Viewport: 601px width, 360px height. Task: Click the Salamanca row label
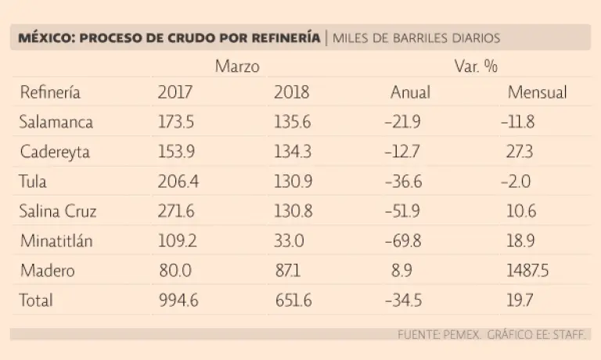tap(56, 122)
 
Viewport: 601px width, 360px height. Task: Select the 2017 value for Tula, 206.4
tap(178, 182)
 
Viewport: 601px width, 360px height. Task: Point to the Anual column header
tap(410, 92)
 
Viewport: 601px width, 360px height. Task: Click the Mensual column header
tap(537, 92)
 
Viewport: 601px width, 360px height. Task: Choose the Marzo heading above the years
tap(237, 67)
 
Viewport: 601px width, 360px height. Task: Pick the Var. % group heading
tap(476, 67)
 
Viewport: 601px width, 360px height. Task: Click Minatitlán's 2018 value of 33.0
tap(288, 241)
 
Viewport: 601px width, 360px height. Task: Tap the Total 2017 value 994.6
tap(178, 301)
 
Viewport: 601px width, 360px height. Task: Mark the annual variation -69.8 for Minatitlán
tap(405, 241)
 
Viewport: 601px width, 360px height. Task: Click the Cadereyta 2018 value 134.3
tap(292, 152)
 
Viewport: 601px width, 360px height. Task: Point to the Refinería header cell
tap(50, 92)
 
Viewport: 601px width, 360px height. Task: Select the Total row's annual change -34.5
tap(405, 301)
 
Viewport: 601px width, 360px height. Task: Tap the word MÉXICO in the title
tap(42, 38)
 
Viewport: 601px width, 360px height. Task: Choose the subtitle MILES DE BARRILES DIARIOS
tap(416, 38)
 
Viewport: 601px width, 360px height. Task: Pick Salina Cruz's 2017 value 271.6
tap(178, 211)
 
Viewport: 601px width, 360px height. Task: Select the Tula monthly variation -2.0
tap(516, 182)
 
